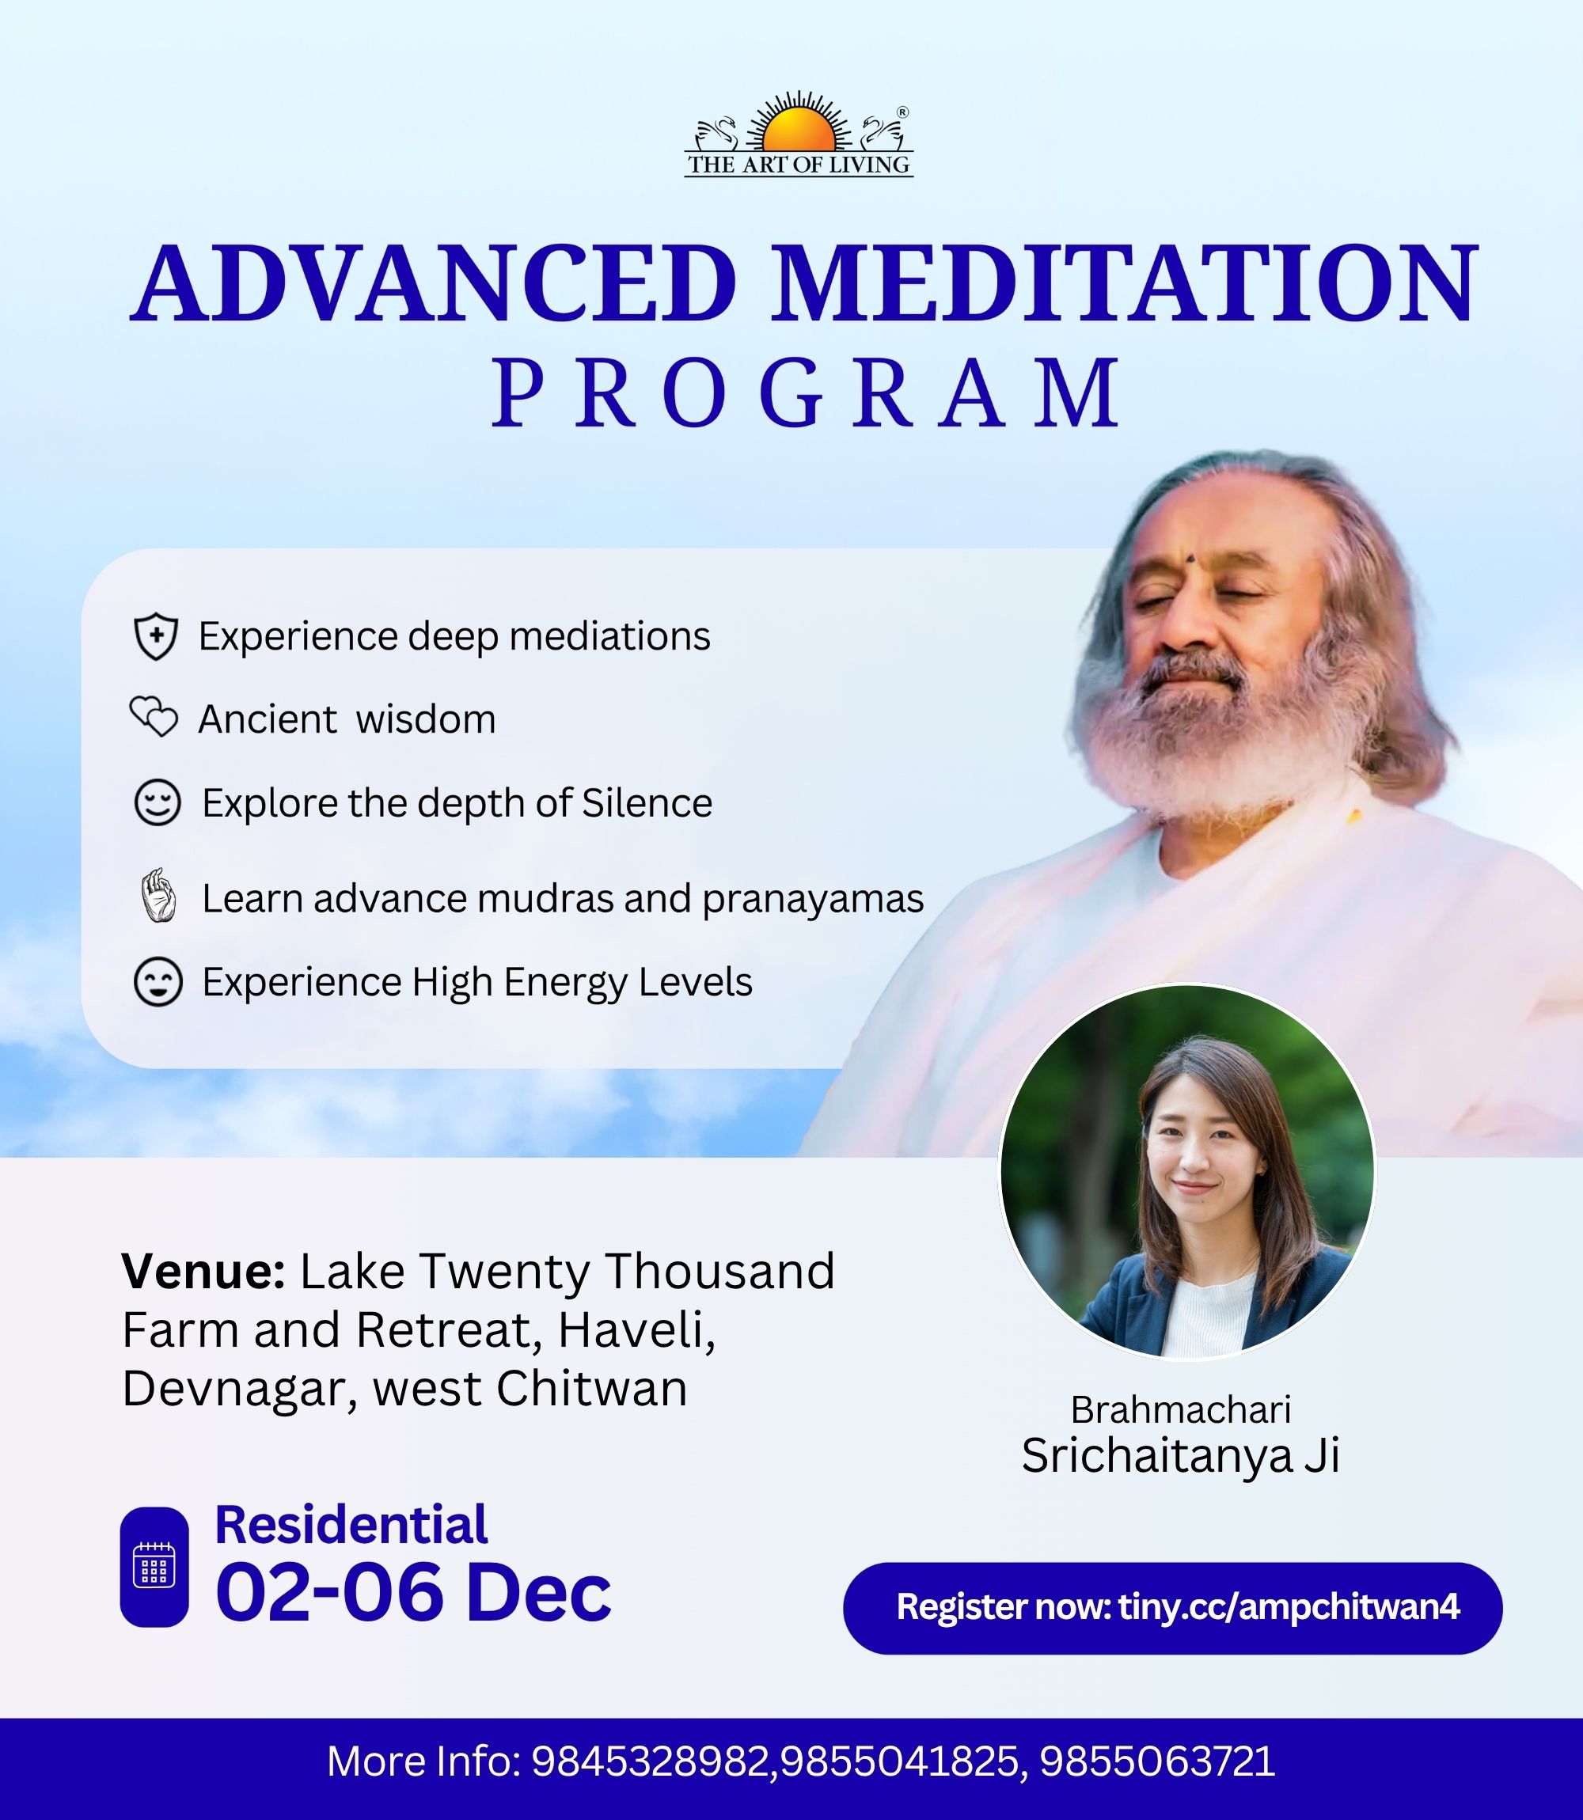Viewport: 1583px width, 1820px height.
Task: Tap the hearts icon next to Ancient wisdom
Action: pyautogui.click(x=154, y=717)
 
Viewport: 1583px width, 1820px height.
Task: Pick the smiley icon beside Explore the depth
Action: pyautogui.click(x=158, y=802)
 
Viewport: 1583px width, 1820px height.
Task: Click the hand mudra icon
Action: pyautogui.click(x=159, y=897)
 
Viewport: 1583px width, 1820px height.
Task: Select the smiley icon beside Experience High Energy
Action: pyautogui.click(x=158, y=982)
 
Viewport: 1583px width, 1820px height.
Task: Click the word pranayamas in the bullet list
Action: pyautogui.click(x=813, y=900)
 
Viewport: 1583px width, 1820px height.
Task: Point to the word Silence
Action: pyautogui.click(x=647, y=802)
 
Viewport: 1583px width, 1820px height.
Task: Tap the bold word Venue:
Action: pyautogui.click(x=203, y=1272)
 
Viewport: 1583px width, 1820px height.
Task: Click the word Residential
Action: pyautogui.click(x=351, y=1525)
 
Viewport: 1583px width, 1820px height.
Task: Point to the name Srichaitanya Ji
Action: pyautogui.click(x=1181, y=1455)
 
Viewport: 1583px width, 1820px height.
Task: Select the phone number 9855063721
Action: pyautogui.click(x=1157, y=1761)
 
